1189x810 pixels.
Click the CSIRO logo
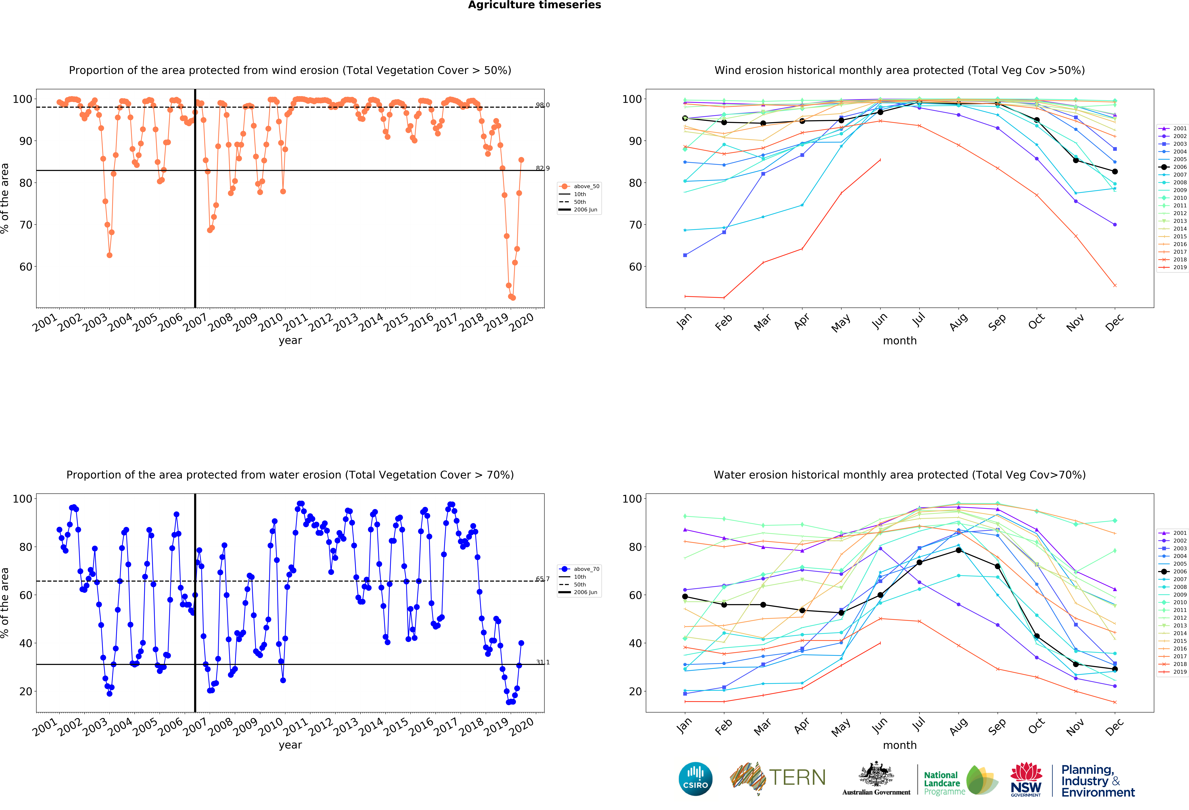pos(695,779)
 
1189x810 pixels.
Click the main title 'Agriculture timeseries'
pos(534,5)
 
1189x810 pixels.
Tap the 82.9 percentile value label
pos(542,168)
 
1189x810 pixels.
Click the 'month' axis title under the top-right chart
pos(899,341)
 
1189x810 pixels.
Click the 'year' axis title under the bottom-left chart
pos(290,745)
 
